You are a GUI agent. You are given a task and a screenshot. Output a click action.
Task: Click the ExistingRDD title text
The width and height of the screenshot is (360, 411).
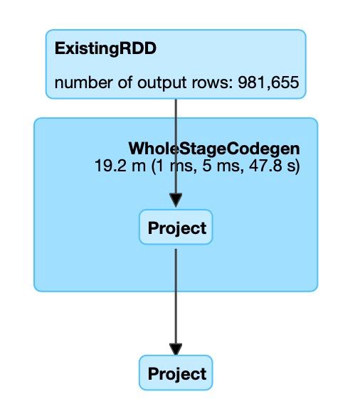105,49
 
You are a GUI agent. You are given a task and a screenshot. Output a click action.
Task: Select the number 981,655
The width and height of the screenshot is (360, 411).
268,82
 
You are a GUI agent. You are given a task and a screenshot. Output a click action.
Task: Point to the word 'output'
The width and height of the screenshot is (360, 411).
162,82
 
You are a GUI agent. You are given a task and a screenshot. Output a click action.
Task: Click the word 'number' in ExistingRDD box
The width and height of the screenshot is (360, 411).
83,82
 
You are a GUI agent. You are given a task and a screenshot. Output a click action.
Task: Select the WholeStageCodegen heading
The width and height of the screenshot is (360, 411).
214,149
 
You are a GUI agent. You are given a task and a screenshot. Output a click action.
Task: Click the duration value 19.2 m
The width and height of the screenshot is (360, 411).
120,166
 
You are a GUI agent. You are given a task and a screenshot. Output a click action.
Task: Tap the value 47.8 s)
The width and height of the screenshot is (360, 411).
274,166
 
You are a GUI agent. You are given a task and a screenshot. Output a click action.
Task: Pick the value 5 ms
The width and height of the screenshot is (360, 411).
221,166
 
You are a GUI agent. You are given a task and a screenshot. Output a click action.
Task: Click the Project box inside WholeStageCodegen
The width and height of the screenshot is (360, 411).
176,228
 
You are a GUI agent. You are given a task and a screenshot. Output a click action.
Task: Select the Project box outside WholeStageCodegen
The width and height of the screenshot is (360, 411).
176,373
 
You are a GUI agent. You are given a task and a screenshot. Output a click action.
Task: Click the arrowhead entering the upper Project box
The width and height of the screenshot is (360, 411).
176,201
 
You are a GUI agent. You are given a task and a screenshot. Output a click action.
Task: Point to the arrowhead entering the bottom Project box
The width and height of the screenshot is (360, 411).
176,349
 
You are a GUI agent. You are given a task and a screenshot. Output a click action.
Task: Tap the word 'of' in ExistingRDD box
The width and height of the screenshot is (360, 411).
125,82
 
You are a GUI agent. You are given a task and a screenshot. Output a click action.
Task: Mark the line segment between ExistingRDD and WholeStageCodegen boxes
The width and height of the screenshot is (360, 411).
176,108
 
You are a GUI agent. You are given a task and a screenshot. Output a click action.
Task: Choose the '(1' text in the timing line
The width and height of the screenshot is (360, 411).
158,166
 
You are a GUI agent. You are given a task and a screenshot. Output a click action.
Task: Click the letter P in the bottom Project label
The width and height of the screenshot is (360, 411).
153,373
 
